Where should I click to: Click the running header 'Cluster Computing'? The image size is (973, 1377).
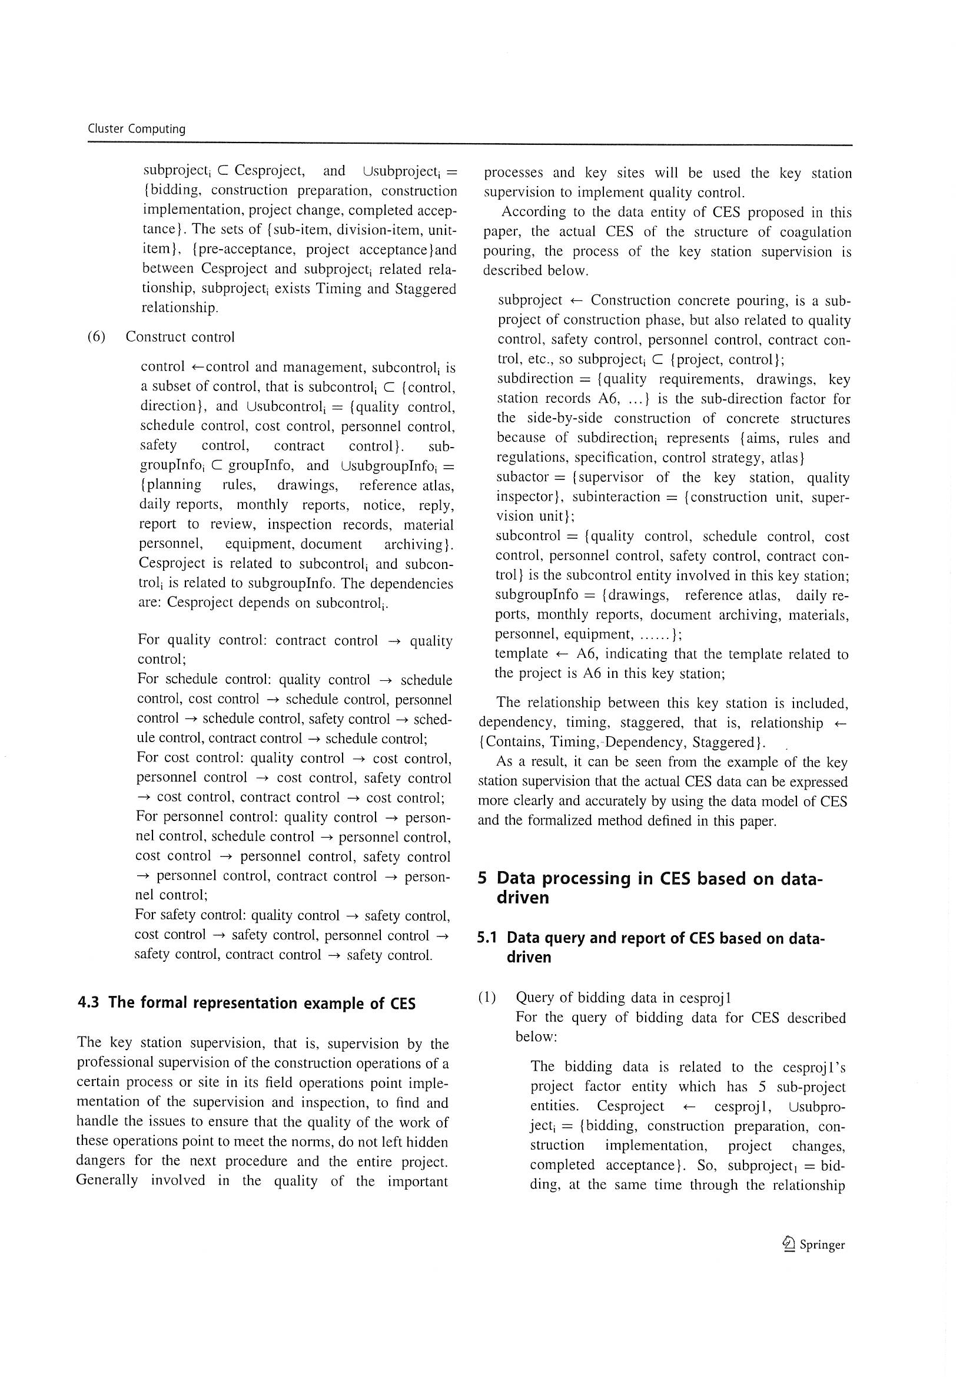pyautogui.click(x=136, y=129)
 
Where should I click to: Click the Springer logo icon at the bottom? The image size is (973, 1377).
pyautogui.click(x=788, y=1244)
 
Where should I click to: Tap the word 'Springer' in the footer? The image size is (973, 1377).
pyautogui.click(x=822, y=1245)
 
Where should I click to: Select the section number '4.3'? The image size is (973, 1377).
pyautogui.click(x=89, y=1003)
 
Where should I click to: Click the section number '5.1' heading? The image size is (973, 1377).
pyautogui.click(x=489, y=938)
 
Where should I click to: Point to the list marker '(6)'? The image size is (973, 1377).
pyautogui.click(x=97, y=336)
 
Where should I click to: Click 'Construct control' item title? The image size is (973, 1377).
pyautogui.click(x=180, y=337)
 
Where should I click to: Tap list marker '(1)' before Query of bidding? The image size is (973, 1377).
pyautogui.click(x=487, y=997)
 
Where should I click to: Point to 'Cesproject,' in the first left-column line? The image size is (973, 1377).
pyautogui.click(x=269, y=171)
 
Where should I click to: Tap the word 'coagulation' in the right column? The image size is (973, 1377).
pyautogui.click(x=818, y=232)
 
